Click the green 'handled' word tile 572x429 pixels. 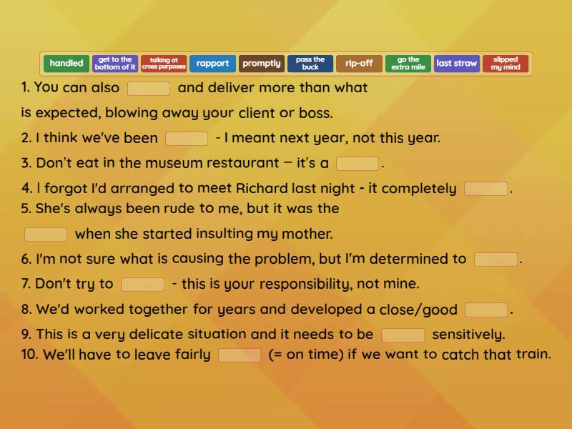66,64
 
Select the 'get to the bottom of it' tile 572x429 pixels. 115,64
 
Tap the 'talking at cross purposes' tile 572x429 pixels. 164,64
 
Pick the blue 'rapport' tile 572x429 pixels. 212,64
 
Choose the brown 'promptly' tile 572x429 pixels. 262,64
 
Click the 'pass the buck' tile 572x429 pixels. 310,64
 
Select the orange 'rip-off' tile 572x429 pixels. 359,64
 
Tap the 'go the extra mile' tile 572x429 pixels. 408,64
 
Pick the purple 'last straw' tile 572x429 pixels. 457,64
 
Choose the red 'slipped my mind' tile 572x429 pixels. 506,64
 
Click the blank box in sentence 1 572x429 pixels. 149,89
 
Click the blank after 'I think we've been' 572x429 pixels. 187,139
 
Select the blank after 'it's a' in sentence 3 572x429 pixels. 357,164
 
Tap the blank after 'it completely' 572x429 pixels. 485,189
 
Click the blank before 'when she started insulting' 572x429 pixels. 46,235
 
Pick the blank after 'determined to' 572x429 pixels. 495,260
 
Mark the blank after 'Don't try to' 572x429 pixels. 143,285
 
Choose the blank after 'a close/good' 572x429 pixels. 486,310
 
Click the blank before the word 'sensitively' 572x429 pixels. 403,335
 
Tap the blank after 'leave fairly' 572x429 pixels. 240,355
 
